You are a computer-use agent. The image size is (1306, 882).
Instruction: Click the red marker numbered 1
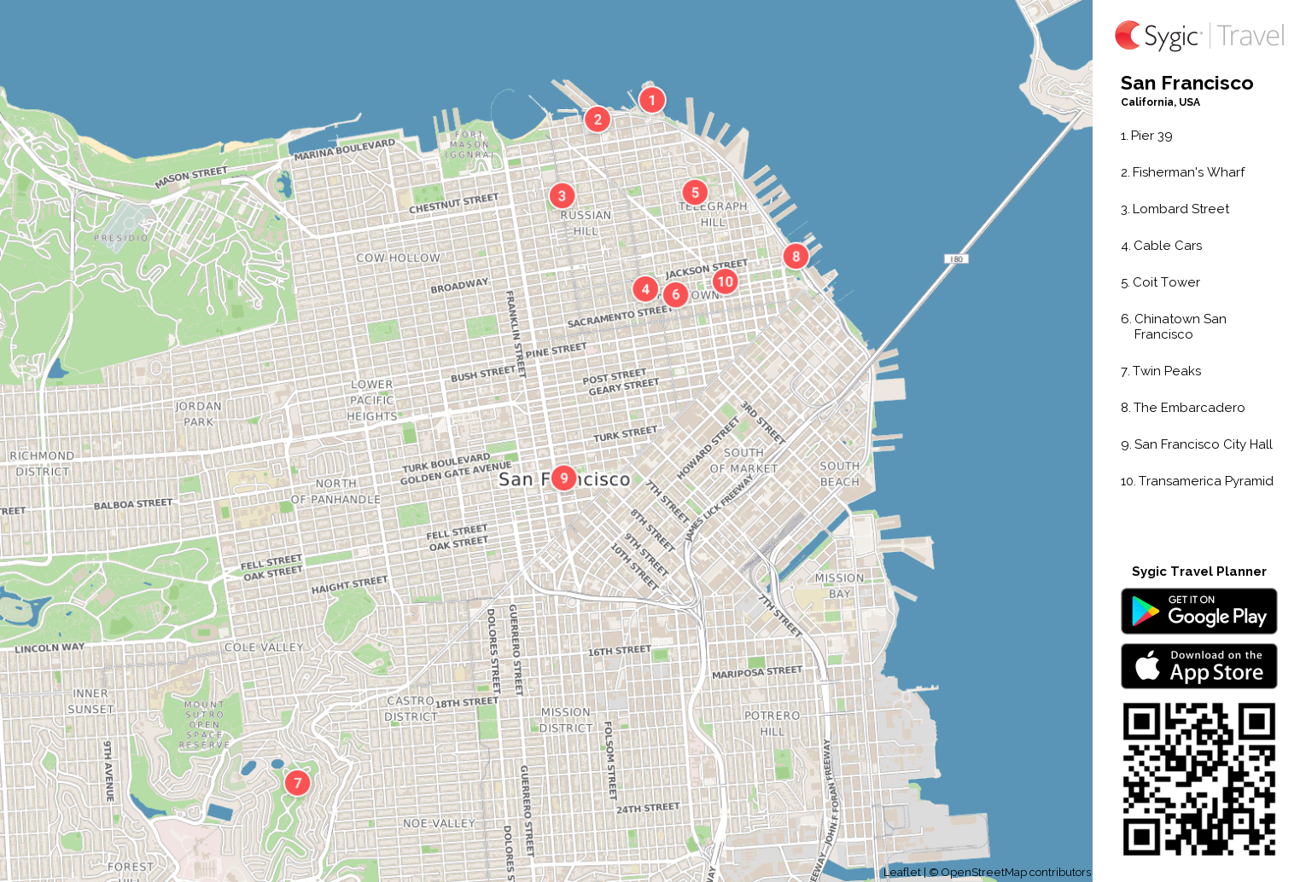(x=652, y=100)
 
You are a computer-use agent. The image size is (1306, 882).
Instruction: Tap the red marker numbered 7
(x=297, y=782)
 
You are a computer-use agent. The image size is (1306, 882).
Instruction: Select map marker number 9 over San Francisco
(x=563, y=478)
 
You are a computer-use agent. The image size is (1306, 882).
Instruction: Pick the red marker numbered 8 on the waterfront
(x=796, y=256)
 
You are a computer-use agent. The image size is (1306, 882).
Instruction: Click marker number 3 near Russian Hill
(x=562, y=195)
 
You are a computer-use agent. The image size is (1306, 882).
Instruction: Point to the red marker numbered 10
(x=725, y=281)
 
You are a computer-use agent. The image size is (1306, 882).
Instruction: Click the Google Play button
(x=1198, y=611)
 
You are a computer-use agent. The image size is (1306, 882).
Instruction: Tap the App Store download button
(x=1198, y=666)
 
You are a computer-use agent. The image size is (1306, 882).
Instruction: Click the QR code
(x=1198, y=778)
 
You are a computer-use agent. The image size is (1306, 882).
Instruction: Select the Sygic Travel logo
(x=1198, y=36)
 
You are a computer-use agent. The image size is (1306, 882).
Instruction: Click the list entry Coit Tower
(x=1166, y=282)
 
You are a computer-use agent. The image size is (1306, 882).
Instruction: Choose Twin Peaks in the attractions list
(x=1166, y=371)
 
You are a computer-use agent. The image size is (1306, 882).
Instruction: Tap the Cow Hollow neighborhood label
(x=398, y=258)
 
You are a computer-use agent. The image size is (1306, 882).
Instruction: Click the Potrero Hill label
(x=772, y=723)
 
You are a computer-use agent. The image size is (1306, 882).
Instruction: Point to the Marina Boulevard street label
(x=345, y=149)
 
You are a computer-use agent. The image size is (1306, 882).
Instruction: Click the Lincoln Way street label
(x=50, y=648)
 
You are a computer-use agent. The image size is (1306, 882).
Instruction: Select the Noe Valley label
(x=439, y=823)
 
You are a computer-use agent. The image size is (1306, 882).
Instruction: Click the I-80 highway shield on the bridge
(x=956, y=258)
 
